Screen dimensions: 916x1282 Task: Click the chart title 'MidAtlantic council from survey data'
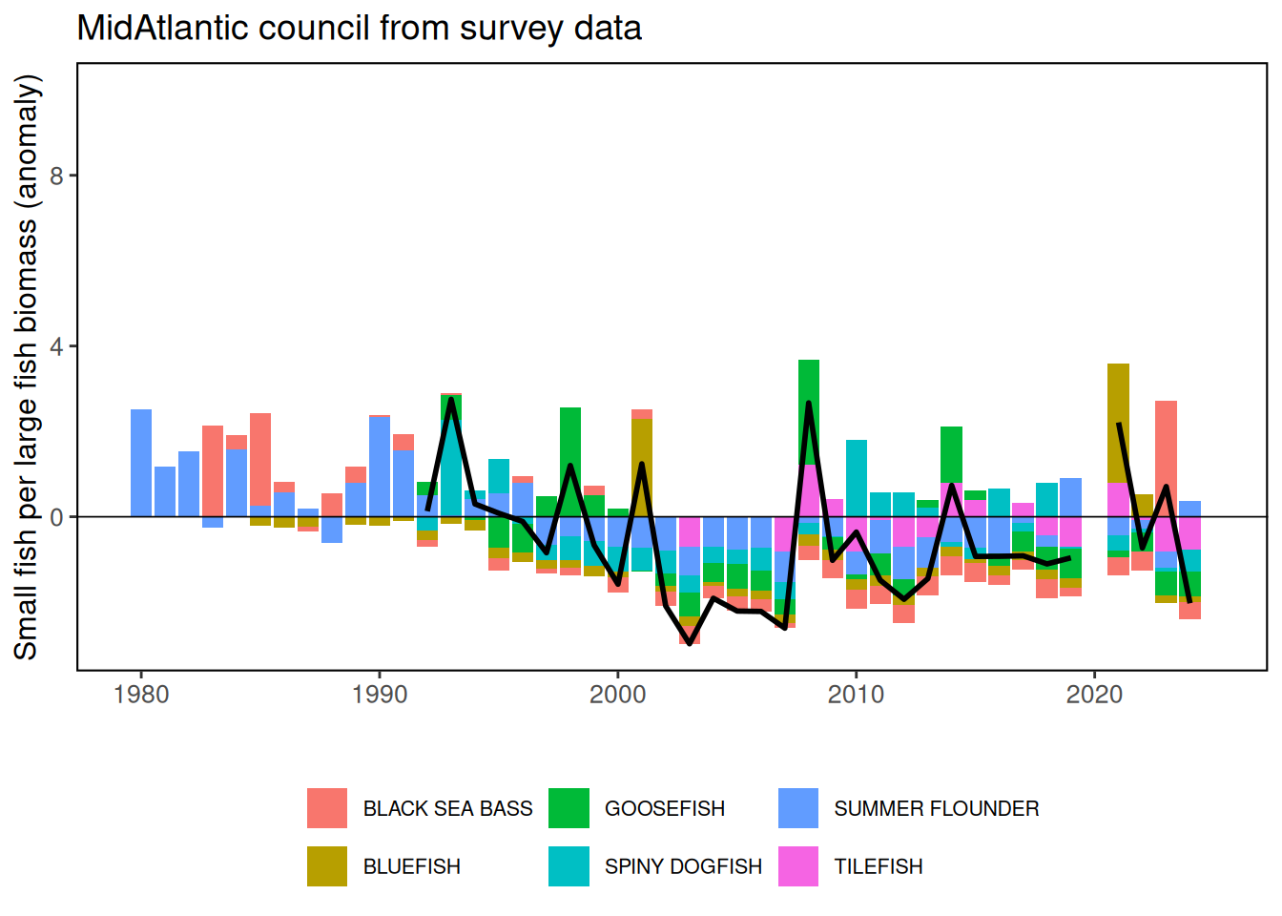point(359,29)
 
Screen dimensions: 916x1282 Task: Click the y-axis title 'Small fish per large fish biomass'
point(27,367)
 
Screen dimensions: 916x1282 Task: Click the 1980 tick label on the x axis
point(141,695)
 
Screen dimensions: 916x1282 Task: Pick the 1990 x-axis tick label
point(380,695)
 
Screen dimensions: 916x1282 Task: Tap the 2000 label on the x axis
point(618,695)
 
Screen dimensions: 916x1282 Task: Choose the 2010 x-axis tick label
point(856,695)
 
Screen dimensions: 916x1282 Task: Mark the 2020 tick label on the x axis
point(1094,695)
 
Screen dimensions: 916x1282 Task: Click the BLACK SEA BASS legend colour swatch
point(327,808)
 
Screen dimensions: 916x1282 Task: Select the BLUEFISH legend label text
point(411,866)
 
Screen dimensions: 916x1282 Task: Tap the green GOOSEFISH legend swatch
point(569,808)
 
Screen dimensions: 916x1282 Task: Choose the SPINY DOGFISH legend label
point(683,866)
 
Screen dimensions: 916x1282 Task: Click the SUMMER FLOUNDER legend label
point(936,808)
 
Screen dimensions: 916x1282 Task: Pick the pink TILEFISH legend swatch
point(798,866)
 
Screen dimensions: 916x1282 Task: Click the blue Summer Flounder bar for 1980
point(141,463)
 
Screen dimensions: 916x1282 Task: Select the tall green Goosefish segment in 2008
point(809,412)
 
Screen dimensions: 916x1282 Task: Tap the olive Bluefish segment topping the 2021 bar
point(1118,423)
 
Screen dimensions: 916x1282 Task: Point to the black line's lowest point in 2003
point(690,643)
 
